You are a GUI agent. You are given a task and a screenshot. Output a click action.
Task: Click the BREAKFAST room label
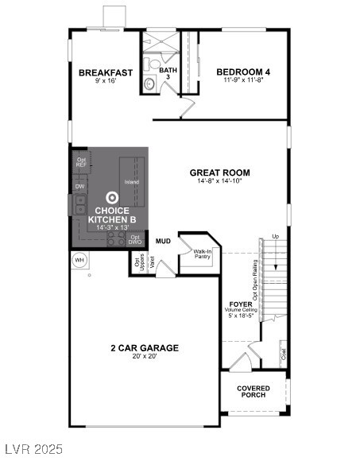(105, 72)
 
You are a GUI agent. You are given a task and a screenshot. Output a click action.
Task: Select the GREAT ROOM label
(219, 172)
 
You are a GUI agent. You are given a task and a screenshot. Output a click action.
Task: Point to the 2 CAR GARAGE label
(144, 347)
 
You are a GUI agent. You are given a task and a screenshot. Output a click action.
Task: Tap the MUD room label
(163, 240)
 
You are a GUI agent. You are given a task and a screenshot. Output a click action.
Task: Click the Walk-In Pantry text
(203, 254)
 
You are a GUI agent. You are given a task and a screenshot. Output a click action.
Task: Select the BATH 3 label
(168, 74)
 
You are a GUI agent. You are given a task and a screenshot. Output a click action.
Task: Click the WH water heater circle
(79, 260)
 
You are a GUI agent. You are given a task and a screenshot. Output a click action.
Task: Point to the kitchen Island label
(132, 182)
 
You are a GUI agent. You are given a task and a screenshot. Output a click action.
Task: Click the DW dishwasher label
(79, 187)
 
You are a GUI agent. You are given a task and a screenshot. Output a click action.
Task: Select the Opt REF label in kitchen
(81, 162)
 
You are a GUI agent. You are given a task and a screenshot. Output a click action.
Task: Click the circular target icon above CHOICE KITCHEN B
(113, 198)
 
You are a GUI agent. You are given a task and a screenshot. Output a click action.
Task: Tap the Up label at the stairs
(275, 237)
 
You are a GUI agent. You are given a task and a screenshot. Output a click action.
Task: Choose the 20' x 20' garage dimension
(144, 358)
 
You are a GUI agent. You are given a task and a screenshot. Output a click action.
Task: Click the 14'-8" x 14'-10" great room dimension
(219, 182)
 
